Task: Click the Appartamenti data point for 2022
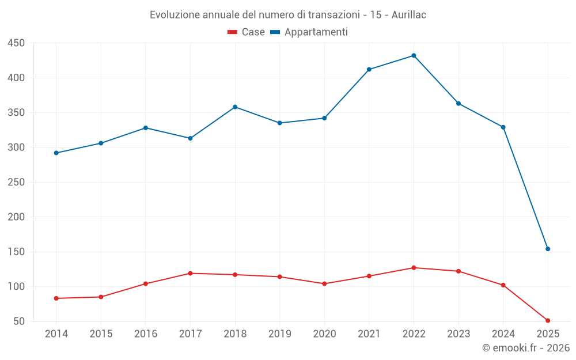tap(414, 56)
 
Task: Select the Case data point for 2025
tap(548, 320)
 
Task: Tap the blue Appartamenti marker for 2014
tap(56, 153)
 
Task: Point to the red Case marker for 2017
tap(190, 273)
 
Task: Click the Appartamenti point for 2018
tap(235, 107)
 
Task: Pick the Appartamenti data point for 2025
tap(548, 249)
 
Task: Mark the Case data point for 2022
tap(414, 268)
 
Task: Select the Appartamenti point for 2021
tap(369, 70)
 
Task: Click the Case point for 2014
tap(56, 298)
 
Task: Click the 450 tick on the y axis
tap(16, 43)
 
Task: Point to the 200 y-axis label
tap(16, 217)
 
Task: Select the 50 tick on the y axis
tap(19, 321)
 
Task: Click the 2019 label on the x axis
tap(280, 334)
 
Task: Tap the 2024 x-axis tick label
tap(503, 334)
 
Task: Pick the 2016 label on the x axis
tap(145, 334)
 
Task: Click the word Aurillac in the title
tap(408, 15)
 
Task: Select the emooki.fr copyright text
tap(525, 348)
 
